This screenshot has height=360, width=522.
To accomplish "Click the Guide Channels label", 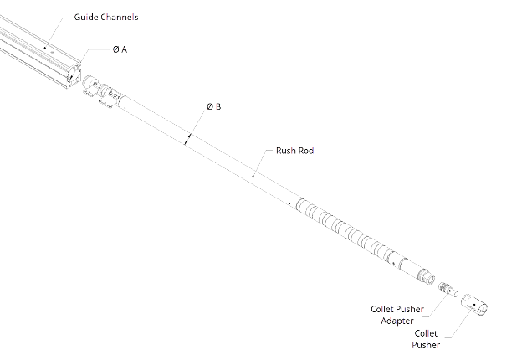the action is (106, 17).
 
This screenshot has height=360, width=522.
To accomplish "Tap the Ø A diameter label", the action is (120, 49).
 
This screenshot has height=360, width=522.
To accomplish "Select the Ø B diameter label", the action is (213, 106).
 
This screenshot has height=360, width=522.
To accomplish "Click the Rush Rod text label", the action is (295, 151).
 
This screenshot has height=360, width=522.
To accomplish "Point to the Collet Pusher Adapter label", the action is (397, 315).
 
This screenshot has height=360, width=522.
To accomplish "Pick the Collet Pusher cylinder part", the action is (474, 305).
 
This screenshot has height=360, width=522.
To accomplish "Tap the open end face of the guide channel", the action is (74, 75).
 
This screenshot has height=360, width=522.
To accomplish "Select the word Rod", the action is (306, 151).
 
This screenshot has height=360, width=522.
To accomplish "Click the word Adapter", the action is (397, 321).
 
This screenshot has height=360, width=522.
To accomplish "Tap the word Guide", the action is (86, 17).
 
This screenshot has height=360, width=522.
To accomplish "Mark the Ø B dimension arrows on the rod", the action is (187, 140).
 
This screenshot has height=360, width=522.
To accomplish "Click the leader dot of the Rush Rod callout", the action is (253, 176).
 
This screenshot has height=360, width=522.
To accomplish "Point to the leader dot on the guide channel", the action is (45, 47).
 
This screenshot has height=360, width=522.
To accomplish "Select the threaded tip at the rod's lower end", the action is (427, 276).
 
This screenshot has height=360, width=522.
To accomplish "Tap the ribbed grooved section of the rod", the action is (346, 231).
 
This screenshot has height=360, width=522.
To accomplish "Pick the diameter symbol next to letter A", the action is (115, 49).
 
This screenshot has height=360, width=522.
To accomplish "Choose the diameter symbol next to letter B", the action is (210, 107).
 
